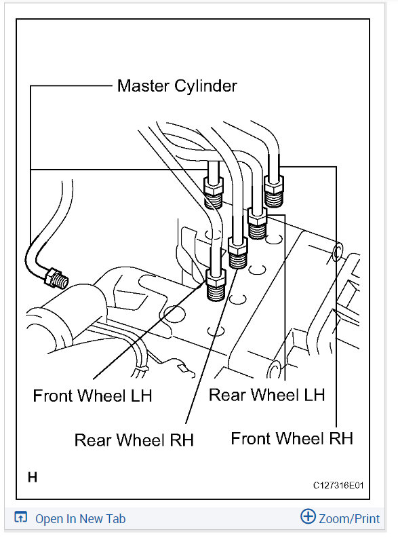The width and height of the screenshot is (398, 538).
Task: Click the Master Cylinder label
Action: click(x=177, y=86)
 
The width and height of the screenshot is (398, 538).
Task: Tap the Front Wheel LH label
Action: click(x=93, y=396)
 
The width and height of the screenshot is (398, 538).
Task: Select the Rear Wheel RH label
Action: click(x=134, y=440)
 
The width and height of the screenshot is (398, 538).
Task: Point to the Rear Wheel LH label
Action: click(x=266, y=395)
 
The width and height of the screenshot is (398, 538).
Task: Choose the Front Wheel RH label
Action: click(x=292, y=438)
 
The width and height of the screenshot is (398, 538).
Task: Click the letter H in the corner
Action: click(x=33, y=477)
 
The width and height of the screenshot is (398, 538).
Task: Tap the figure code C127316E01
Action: click(x=338, y=485)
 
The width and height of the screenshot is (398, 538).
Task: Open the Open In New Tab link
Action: click(x=80, y=519)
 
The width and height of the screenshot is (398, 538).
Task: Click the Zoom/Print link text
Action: click(x=349, y=519)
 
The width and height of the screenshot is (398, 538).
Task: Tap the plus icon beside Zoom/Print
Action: click(x=308, y=516)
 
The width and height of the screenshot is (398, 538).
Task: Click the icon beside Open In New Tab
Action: click(x=20, y=517)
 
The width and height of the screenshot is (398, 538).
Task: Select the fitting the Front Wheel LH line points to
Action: click(x=216, y=284)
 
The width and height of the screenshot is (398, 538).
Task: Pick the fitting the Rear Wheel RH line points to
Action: click(x=237, y=253)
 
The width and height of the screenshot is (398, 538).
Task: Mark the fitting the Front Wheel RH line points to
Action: click(x=273, y=191)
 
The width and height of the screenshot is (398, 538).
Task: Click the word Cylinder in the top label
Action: click(x=205, y=86)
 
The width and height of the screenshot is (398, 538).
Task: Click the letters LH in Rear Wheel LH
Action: click(x=315, y=395)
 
